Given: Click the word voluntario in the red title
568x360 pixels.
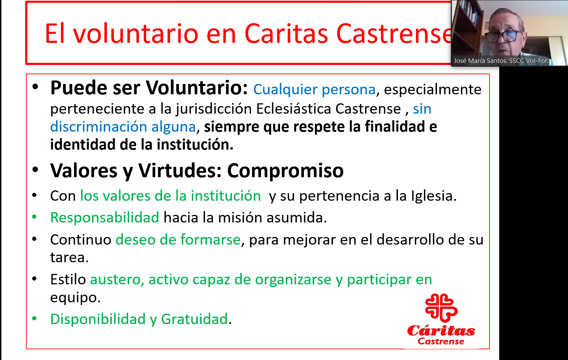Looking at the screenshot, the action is pos(136,34).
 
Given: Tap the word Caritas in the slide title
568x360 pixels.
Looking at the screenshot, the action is pos(286,34).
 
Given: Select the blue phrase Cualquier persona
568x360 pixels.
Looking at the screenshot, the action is pos(314,90).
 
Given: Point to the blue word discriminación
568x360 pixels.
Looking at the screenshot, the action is pos(99,127).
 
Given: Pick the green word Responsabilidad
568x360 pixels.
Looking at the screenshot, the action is pos(105,218).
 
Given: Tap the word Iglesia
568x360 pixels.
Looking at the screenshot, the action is pos(434,196).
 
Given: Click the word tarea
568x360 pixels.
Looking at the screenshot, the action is pos(69,258).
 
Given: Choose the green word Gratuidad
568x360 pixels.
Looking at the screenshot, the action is pos(195,319).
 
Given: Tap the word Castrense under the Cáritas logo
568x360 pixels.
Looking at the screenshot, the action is pos(441,341).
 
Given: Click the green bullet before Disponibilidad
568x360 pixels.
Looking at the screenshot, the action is pos(35,319).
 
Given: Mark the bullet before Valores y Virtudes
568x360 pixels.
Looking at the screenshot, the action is pos(35,169).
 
